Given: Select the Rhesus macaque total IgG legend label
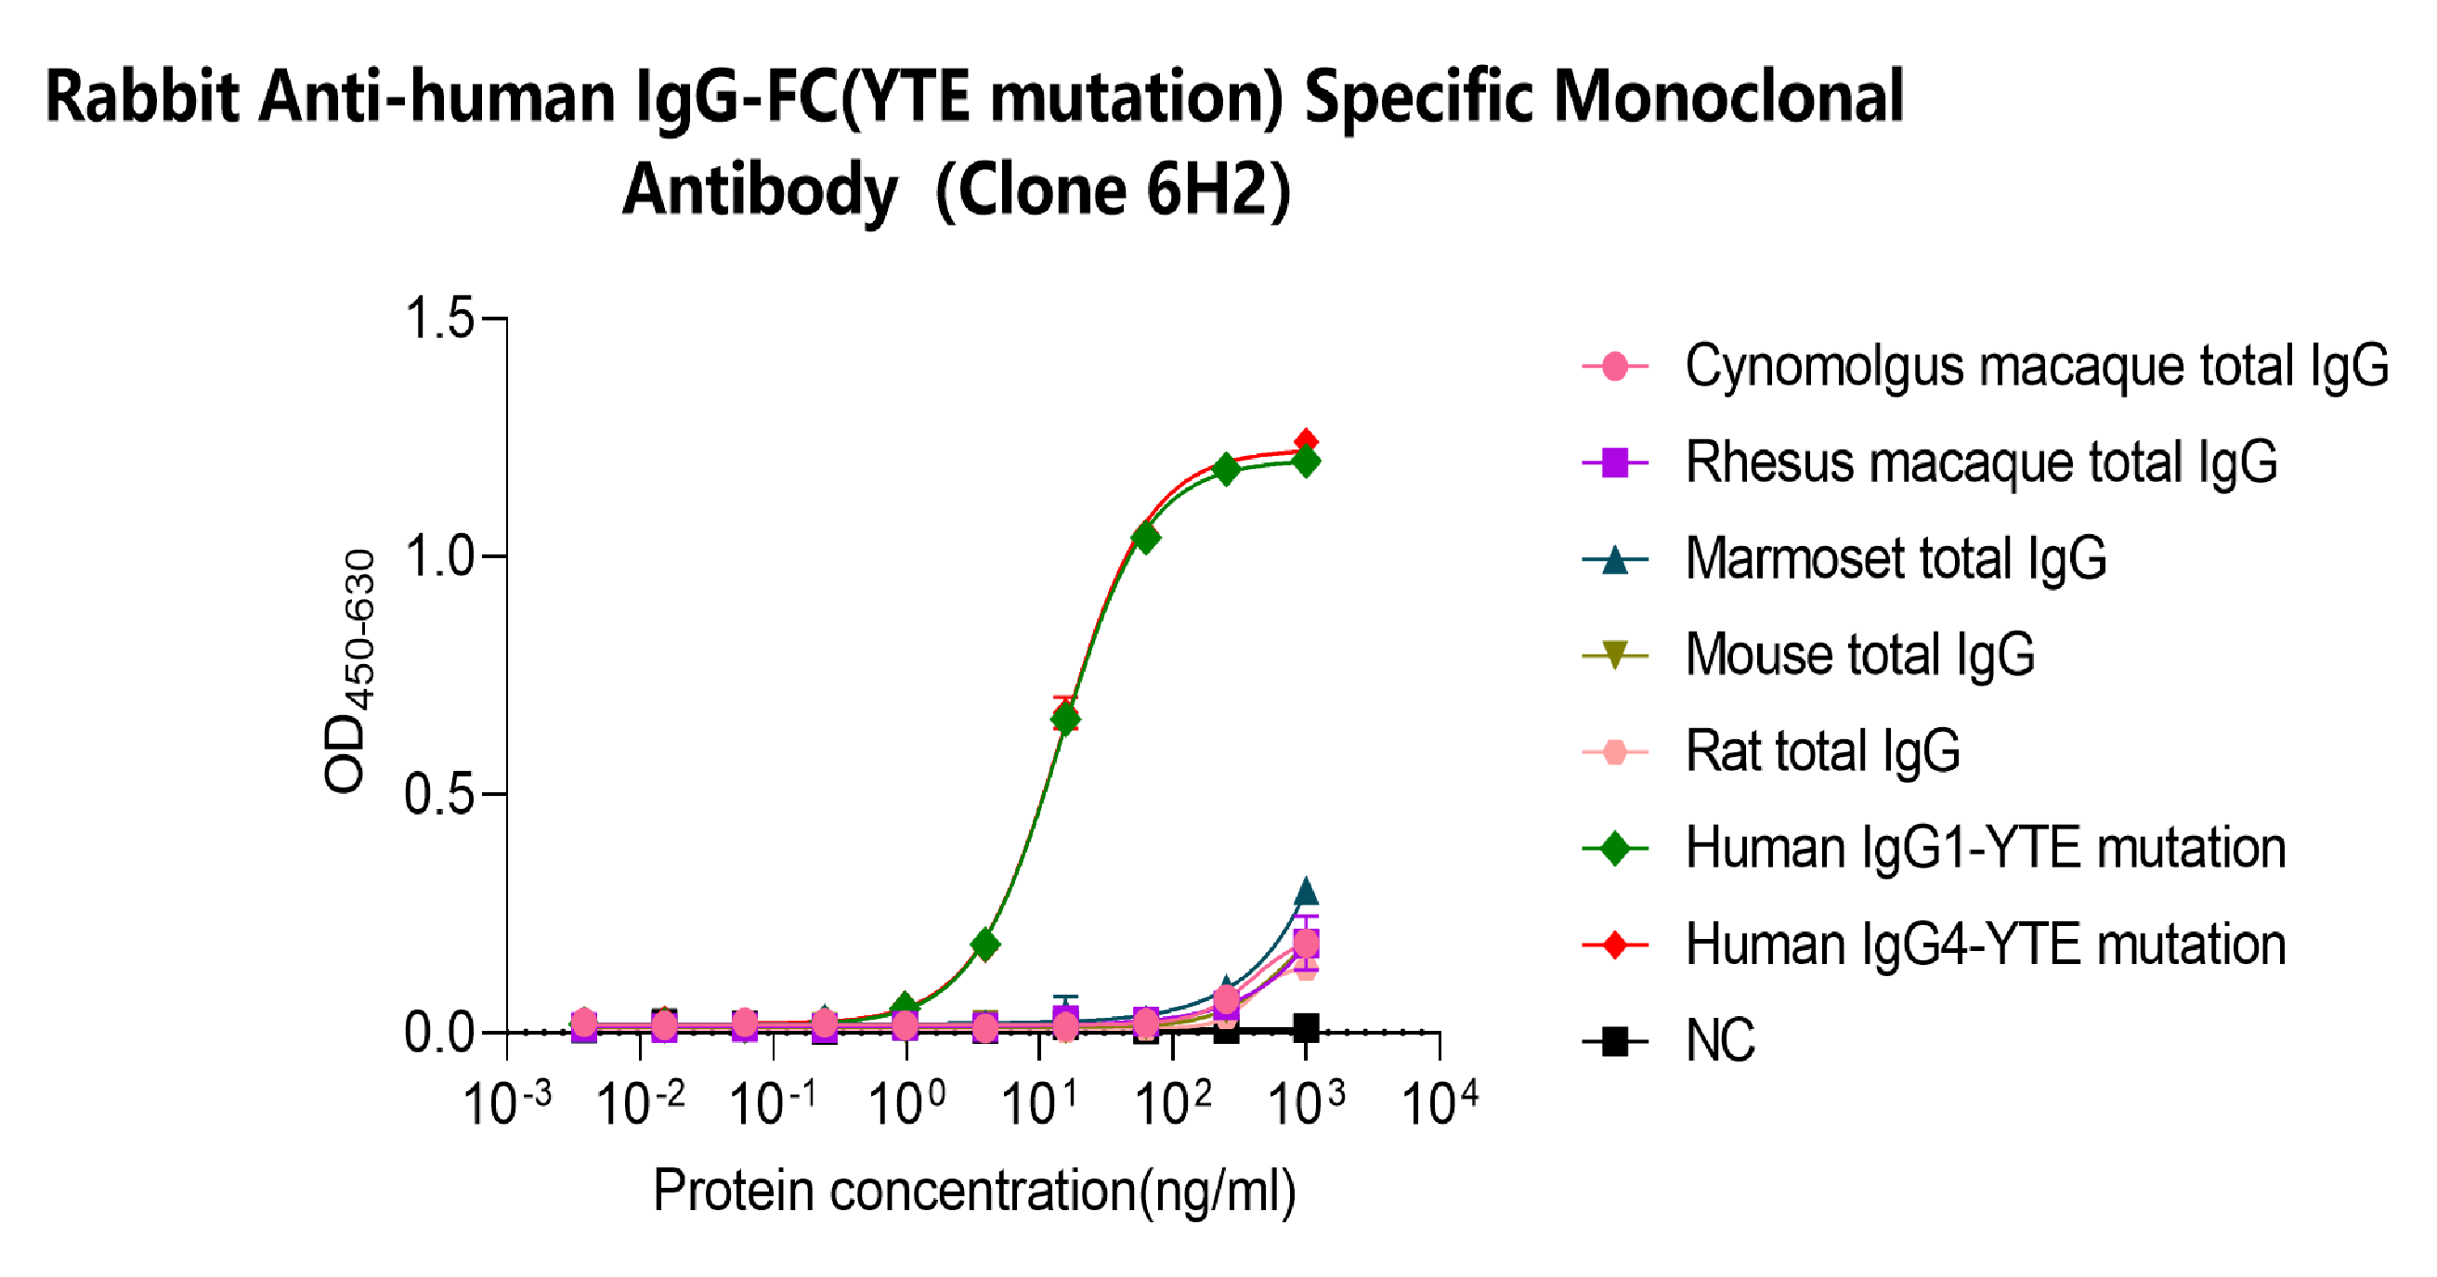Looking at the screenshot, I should [x=1981, y=463].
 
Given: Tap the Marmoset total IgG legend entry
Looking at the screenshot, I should [x=1896, y=559].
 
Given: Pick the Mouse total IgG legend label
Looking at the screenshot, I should [x=1860, y=655].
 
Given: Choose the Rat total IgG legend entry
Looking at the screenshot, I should [x=1822, y=752].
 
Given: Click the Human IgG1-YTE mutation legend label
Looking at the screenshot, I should [x=1985, y=848].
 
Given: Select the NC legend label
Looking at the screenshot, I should [x=1720, y=1041].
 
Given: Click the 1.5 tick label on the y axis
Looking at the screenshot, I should [x=439, y=318].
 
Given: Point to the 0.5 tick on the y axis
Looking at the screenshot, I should [x=439, y=795].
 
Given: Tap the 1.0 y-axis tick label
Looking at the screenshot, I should [x=439, y=556].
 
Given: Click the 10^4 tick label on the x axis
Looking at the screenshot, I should [x=1439, y=1103].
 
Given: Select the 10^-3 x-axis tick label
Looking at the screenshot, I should [x=507, y=1103].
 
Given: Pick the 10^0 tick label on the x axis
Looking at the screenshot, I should [x=906, y=1103].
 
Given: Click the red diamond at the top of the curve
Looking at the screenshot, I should [x=1307, y=441].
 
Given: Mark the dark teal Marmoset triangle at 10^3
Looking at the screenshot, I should [x=1307, y=891].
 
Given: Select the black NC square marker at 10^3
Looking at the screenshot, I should [x=1307, y=1027].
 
